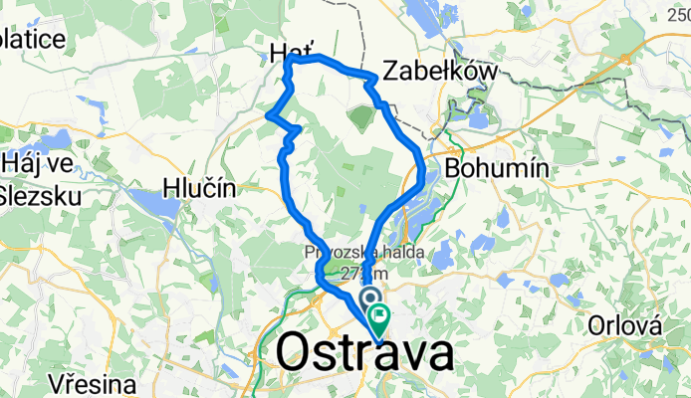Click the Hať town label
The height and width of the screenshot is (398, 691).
290,50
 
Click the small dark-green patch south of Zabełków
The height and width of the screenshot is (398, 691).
359,118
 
